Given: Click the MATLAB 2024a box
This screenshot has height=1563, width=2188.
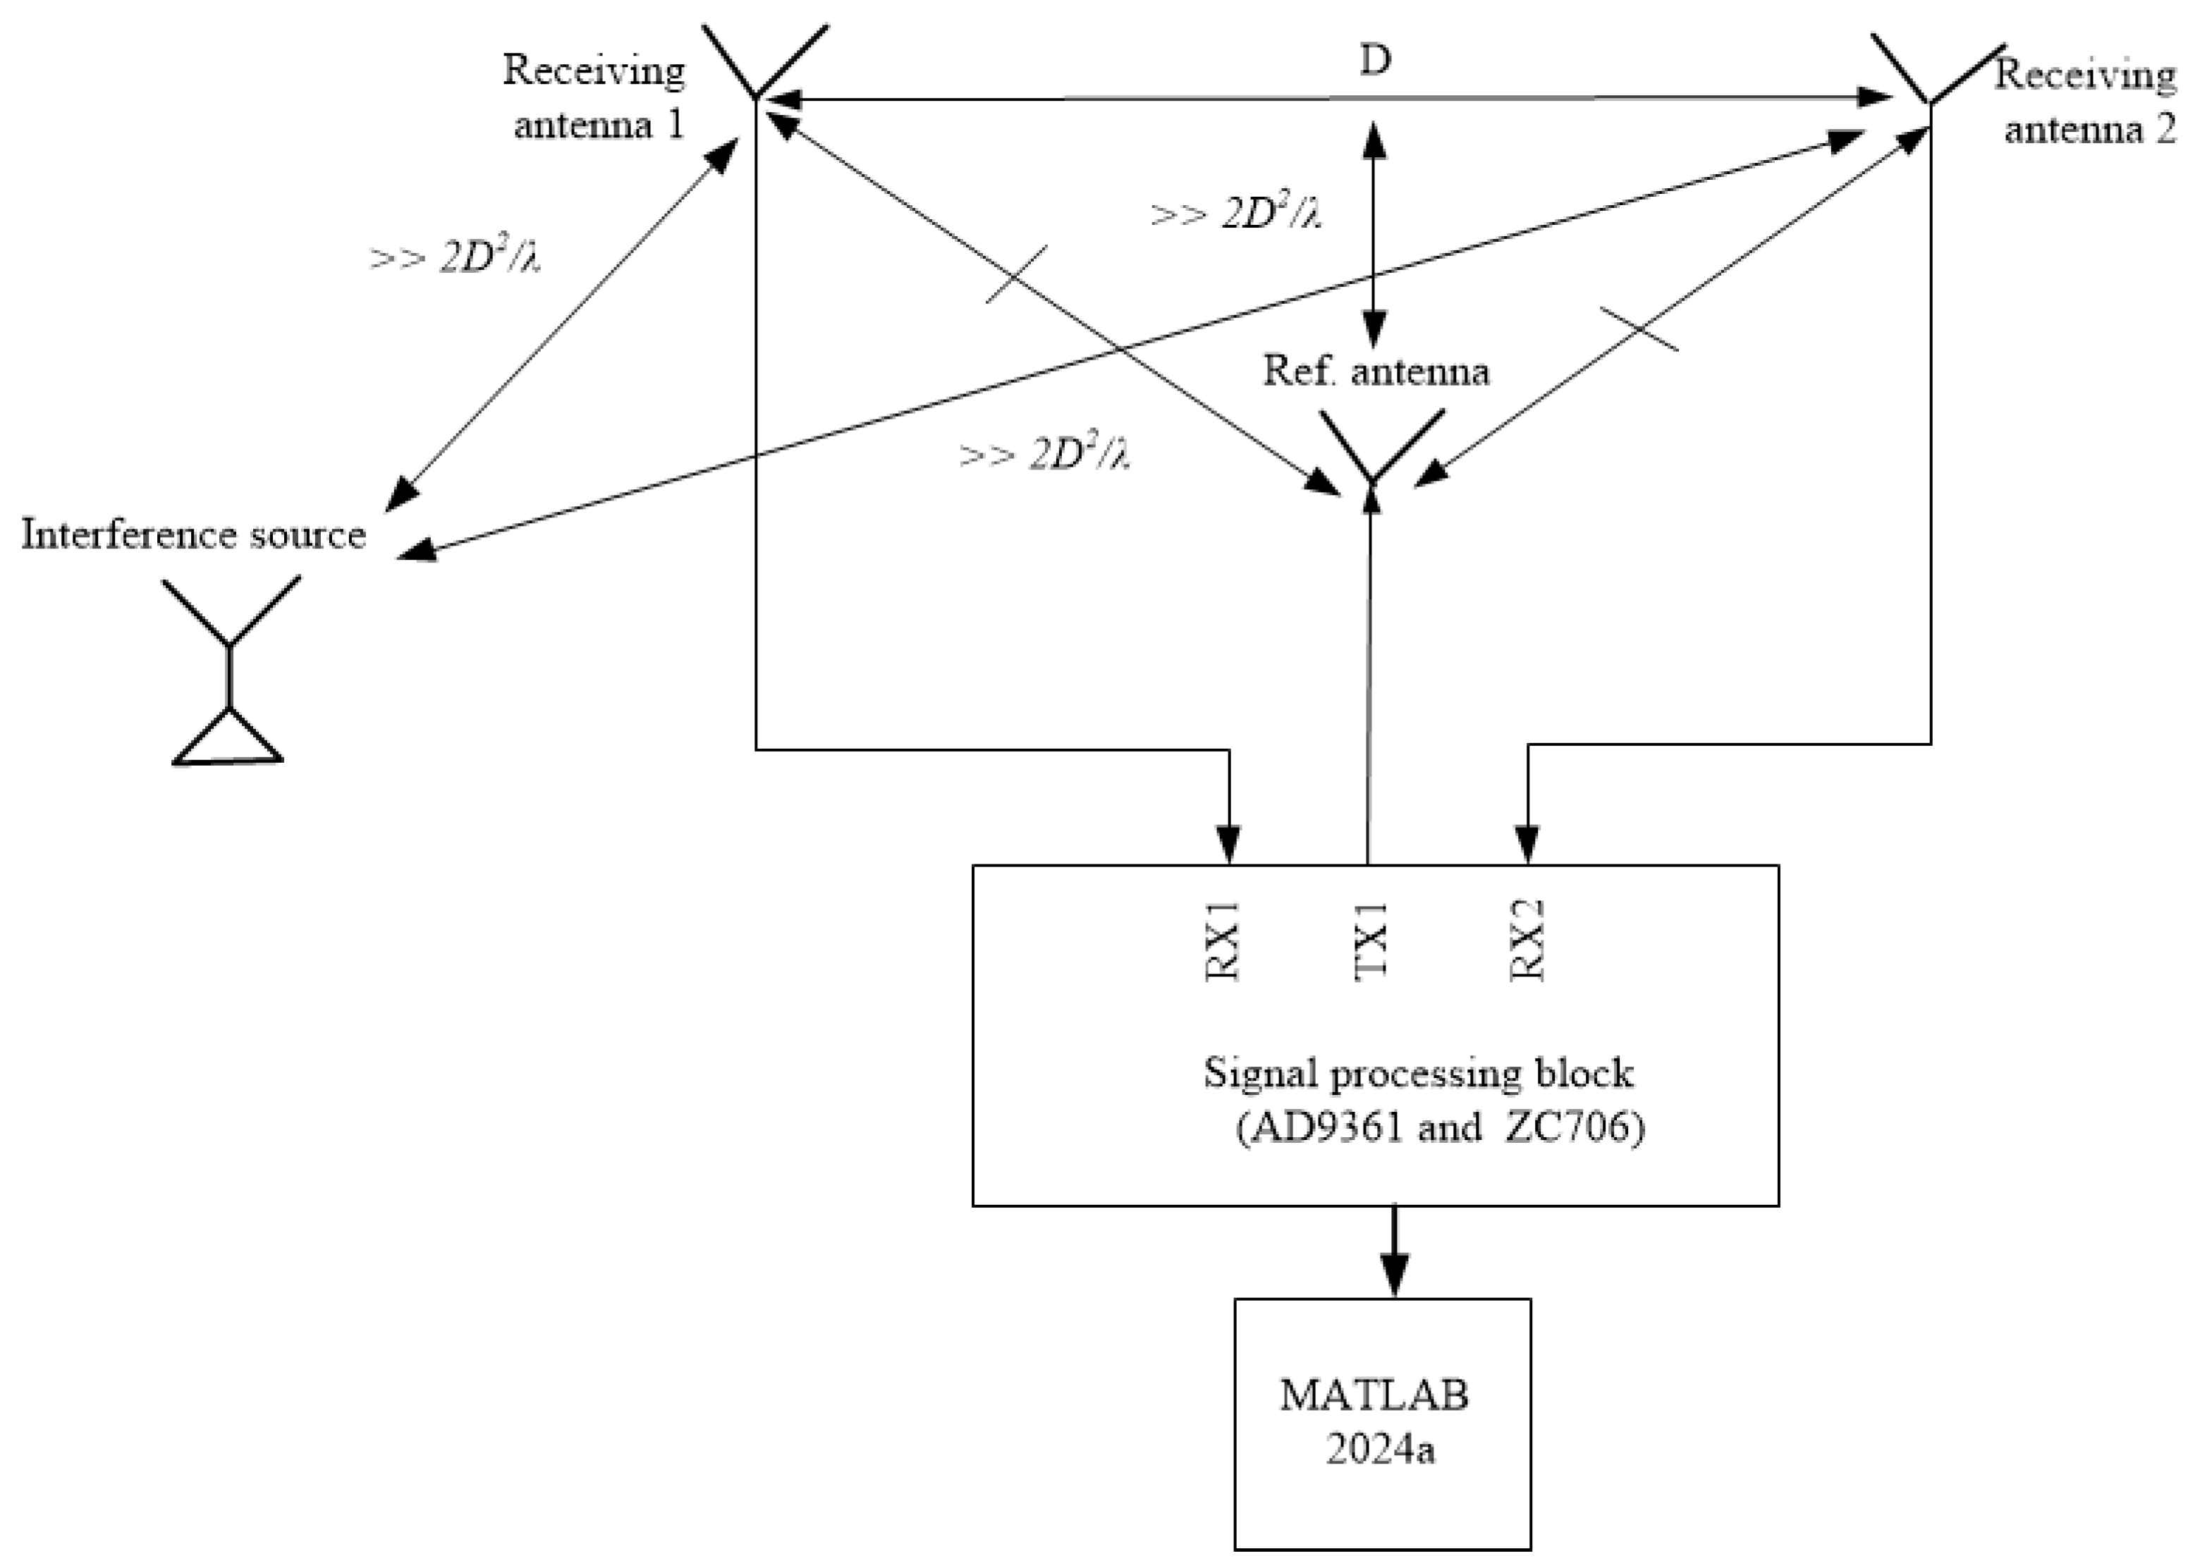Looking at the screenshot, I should (x=1382, y=1424).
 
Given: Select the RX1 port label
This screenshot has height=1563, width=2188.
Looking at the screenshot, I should (x=1223, y=940).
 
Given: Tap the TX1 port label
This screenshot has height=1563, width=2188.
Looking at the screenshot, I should (x=1371, y=940).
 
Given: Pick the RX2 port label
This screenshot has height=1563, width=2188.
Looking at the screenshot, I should (x=1527, y=940).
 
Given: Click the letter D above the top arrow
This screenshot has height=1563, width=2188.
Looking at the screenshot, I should (x=1374, y=61).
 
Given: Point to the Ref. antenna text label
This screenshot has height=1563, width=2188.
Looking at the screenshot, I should (x=1376, y=371).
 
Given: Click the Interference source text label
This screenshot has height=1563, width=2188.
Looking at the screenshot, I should (x=193, y=534).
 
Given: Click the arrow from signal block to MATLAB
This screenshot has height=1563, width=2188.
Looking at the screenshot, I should (x=1394, y=1251).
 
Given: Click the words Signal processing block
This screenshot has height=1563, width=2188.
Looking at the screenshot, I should (x=1418, y=1073).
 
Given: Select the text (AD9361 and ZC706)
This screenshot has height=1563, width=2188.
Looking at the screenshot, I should (x=1440, y=1126).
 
